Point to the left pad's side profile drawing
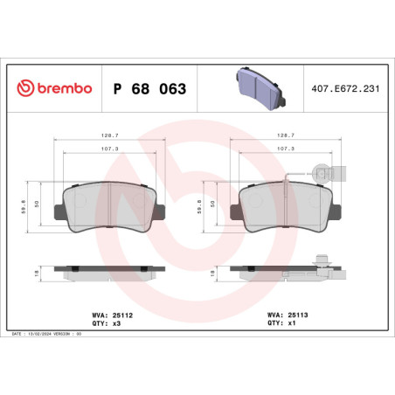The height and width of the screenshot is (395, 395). [x=107, y=273]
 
